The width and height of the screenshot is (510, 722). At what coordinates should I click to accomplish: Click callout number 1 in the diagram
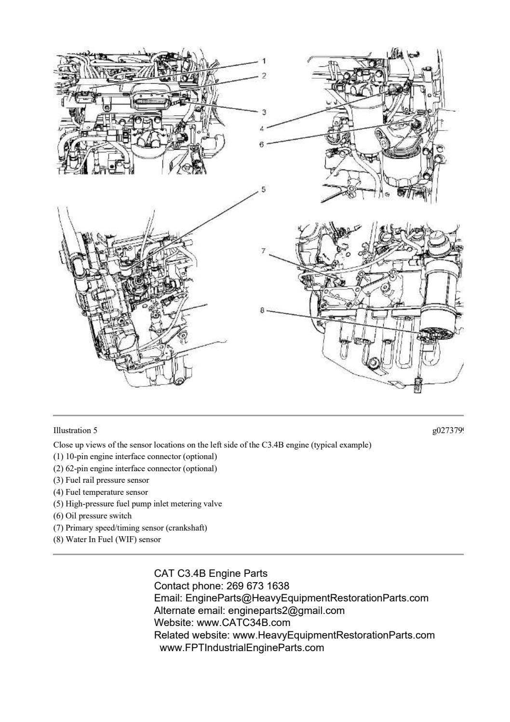pyautogui.click(x=264, y=61)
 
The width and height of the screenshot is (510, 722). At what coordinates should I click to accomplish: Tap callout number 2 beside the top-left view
pyautogui.click(x=264, y=76)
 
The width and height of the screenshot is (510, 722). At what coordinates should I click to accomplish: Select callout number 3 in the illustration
pyautogui.click(x=264, y=112)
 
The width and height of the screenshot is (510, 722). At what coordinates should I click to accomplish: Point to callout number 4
pyautogui.click(x=261, y=128)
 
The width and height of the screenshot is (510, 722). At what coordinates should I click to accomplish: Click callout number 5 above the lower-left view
pyautogui.click(x=263, y=190)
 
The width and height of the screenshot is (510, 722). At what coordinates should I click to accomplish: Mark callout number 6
pyautogui.click(x=261, y=144)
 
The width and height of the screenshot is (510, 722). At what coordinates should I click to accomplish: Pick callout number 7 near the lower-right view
pyautogui.click(x=263, y=251)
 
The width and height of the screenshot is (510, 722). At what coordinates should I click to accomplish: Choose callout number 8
pyautogui.click(x=262, y=311)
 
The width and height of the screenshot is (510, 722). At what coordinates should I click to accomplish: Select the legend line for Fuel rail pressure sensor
pyautogui.click(x=101, y=480)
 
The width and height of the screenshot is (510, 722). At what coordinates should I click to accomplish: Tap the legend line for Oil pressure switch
pyautogui.click(x=92, y=516)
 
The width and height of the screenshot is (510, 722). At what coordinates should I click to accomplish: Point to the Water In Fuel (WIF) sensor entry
pyautogui.click(x=107, y=539)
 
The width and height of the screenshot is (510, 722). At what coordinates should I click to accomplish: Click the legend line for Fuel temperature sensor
pyautogui.click(x=100, y=492)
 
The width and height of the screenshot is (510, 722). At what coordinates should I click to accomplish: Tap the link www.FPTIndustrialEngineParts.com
pyautogui.click(x=242, y=648)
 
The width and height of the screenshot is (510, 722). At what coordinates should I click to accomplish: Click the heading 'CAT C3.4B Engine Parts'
pyautogui.click(x=211, y=573)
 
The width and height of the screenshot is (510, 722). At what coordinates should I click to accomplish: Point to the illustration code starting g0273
pyautogui.click(x=447, y=430)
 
